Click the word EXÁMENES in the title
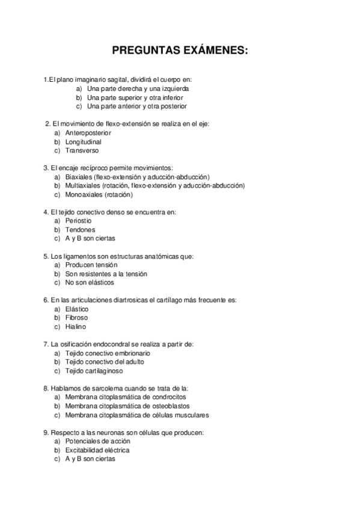click(x=214, y=52)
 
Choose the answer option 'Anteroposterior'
click(x=88, y=133)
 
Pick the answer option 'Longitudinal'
click(x=83, y=142)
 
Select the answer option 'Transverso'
click(x=82, y=150)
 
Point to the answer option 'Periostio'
click(x=79, y=221)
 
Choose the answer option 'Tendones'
click(x=80, y=230)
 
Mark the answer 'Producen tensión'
click(x=91, y=265)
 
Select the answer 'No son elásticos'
click(x=90, y=283)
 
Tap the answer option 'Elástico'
click(x=77, y=309)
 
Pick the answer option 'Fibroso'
click(x=76, y=318)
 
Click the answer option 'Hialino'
click(x=76, y=327)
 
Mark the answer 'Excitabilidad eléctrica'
click(x=97, y=450)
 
